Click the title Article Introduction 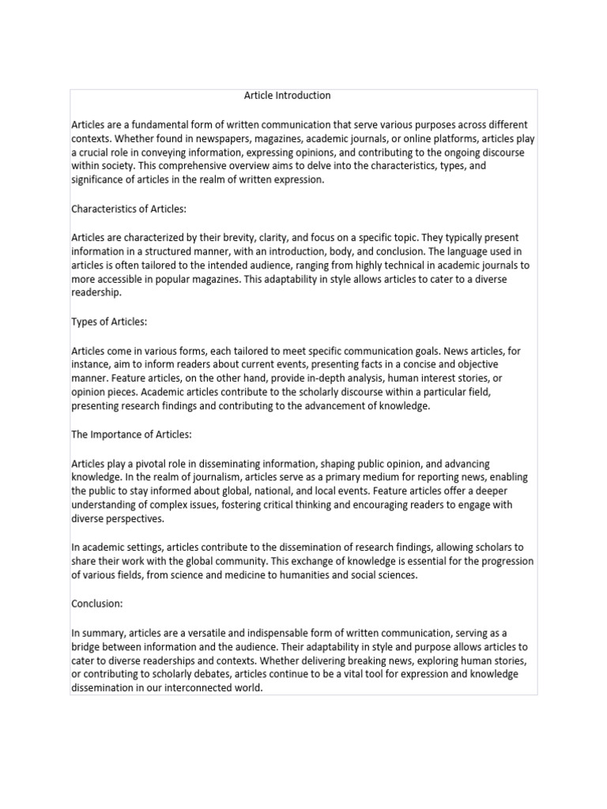287,96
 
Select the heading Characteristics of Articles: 129,209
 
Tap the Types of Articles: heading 110,322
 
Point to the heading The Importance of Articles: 132,435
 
